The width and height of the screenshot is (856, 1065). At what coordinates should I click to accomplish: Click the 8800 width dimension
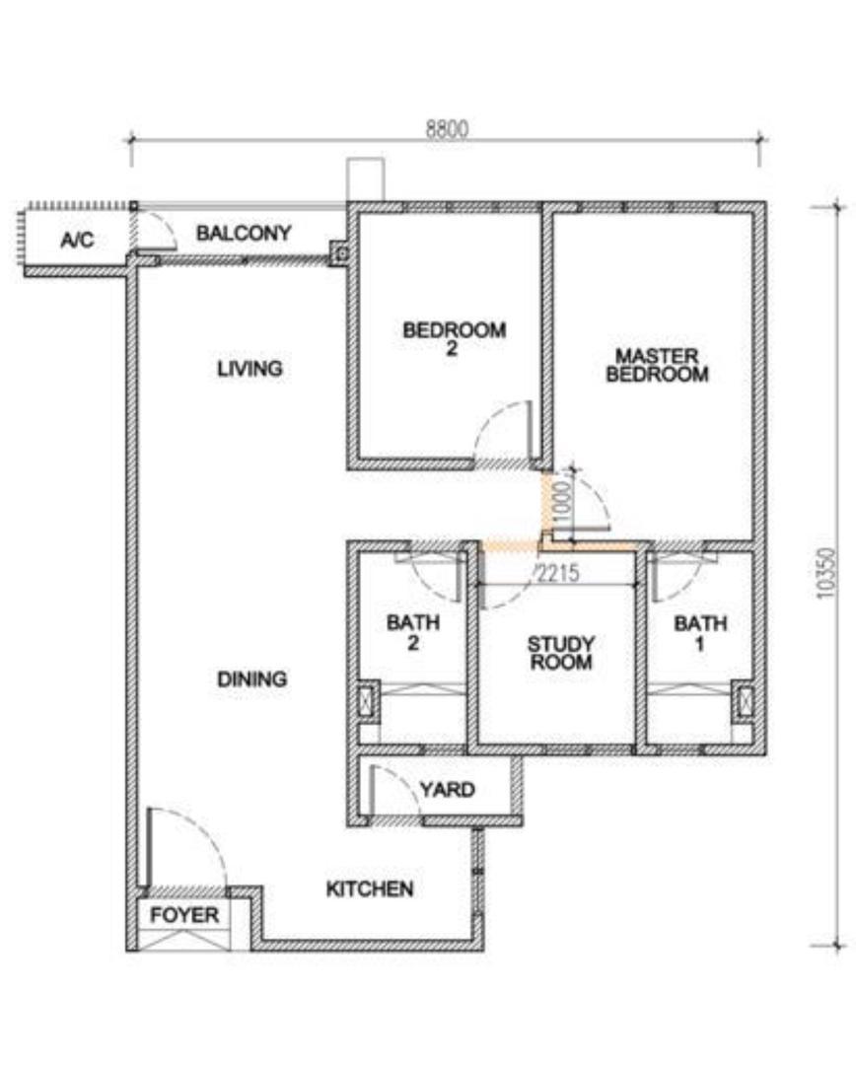[447, 128]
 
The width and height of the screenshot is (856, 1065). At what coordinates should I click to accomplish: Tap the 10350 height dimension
[826, 573]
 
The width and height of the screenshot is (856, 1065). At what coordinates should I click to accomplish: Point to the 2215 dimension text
[558, 573]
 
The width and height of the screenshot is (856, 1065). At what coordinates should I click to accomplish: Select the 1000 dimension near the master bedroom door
[563, 502]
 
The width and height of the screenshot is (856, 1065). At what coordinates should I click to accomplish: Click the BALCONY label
[244, 233]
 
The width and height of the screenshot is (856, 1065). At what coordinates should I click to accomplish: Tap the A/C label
[77, 240]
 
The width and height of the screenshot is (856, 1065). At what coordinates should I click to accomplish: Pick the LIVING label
[250, 368]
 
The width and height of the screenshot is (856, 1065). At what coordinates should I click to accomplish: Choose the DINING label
[252, 678]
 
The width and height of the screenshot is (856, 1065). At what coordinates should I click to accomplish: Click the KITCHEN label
[370, 888]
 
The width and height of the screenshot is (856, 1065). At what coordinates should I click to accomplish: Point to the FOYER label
[184, 915]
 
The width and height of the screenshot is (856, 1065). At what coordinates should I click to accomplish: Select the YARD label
[447, 789]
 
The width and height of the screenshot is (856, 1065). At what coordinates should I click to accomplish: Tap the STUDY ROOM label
[561, 653]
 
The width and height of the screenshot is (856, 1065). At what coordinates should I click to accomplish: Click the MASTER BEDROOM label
[657, 365]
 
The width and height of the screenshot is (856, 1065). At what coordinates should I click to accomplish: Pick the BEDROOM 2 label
[454, 339]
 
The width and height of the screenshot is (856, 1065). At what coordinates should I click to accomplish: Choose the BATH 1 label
[700, 633]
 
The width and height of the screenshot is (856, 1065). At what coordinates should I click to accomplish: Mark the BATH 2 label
[413, 632]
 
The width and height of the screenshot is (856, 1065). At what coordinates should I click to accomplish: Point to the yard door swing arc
[406, 780]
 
